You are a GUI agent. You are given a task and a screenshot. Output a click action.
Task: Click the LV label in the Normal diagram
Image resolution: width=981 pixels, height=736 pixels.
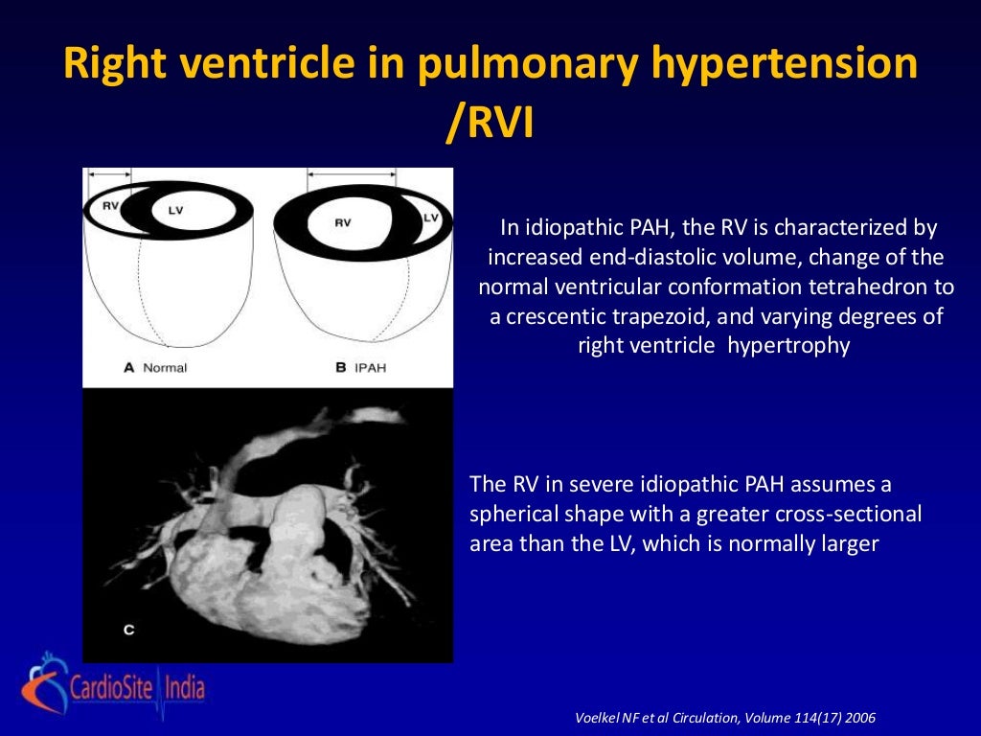pyautogui.click(x=173, y=209)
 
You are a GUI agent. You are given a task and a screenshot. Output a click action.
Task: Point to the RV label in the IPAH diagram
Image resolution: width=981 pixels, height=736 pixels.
pyautogui.click(x=342, y=222)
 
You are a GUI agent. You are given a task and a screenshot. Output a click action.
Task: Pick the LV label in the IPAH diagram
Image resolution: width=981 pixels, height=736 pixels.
pyautogui.click(x=430, y=218)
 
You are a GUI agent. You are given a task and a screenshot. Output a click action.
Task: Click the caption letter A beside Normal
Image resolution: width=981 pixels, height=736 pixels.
pyautogui.click(x=127, y=367)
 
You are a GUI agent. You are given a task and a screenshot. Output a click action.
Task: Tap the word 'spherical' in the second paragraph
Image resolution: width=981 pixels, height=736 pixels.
pyautogui.click(x=514, y=514)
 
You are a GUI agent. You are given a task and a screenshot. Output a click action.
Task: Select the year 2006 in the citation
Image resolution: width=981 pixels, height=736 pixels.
pyautogui.click(x=858, y=717)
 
